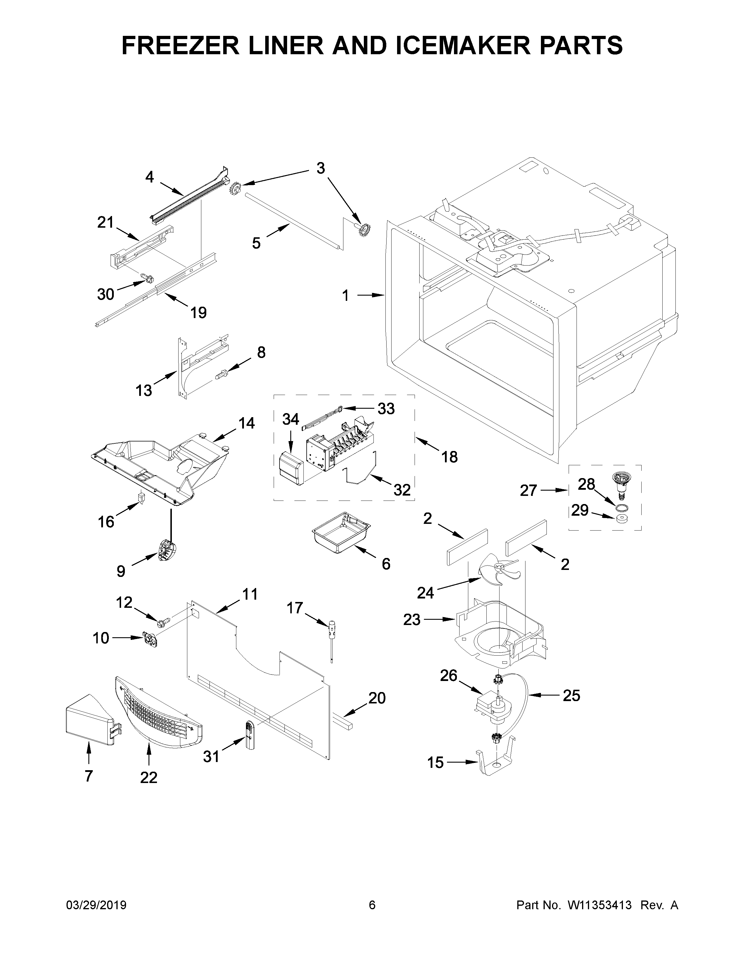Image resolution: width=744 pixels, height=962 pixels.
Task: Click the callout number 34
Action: pos(291,419)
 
